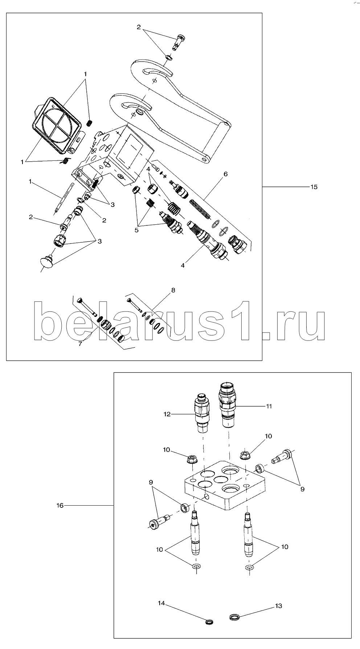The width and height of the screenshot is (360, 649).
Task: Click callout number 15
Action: [314, 187]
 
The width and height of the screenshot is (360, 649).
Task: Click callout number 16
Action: [60, 505]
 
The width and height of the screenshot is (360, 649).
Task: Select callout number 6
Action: [225, 174]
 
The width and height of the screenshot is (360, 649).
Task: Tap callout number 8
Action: [173, 290]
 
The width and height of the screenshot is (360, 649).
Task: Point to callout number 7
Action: [80, 344]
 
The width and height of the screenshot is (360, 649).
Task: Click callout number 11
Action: [269, 406]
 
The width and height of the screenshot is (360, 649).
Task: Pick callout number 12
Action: [167, 414]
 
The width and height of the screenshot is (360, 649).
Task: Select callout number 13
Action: [278, 606]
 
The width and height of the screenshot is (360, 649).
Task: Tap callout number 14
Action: [161, 603]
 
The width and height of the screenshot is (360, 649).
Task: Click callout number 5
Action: [136, 230]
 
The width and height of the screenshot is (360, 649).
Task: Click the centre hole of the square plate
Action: [221, 479]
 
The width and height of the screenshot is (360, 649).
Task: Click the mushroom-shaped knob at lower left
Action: [46, 262]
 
